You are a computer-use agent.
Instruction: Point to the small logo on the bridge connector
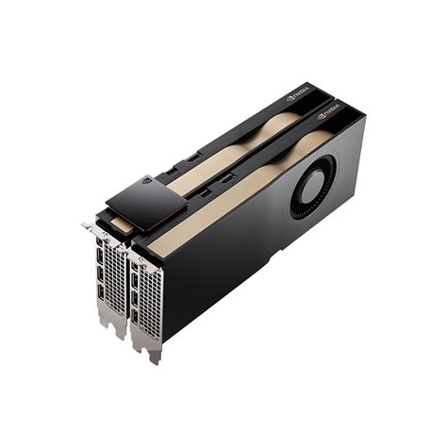[146, 180]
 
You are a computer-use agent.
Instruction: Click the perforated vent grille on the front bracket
[150, 297]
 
